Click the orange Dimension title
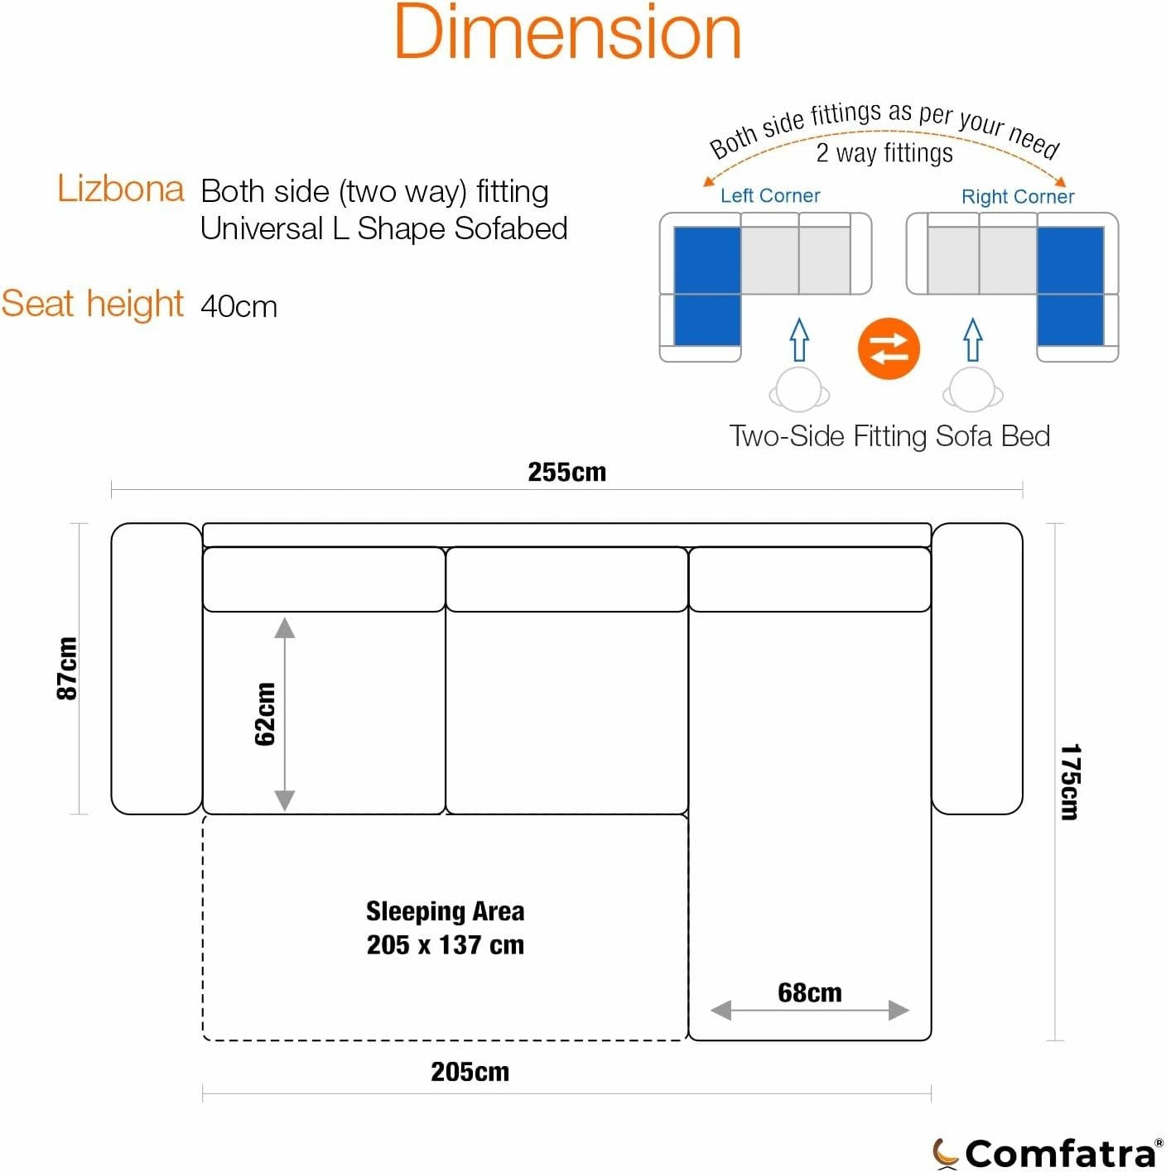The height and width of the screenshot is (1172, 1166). click(x=567, y=31)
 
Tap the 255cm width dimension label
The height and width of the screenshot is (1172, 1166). click(x=566, y=472)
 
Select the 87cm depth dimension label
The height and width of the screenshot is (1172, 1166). click(x=67, y=669)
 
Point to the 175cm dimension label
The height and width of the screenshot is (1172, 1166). click(x=1069, y=781)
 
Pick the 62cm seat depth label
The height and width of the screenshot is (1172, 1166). click(x=265, y=714)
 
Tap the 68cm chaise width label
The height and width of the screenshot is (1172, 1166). click(x=809, y=992)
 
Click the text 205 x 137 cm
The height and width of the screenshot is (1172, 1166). click(x=445, y=944)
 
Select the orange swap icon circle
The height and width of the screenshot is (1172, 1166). click(x=888, y=348)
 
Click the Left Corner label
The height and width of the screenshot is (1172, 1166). click(x=770, y=195)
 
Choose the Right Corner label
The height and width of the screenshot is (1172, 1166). click(x=1018, y=196)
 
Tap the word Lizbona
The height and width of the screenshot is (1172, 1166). click(x=120, y=189)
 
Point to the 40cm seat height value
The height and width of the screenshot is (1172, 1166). click(x=238, y=306)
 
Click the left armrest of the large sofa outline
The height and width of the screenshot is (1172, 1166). click(x=157, y=669)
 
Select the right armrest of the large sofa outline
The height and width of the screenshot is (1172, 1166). click(x=976, y=669)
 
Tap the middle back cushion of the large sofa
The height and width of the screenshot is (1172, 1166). click(x=566, y=579)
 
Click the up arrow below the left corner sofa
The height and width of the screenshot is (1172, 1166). click(x=799, y=339)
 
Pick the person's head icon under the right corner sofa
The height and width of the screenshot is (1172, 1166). click(x=972, y=390)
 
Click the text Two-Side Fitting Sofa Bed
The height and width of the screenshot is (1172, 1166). click(x=889, y=436)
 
